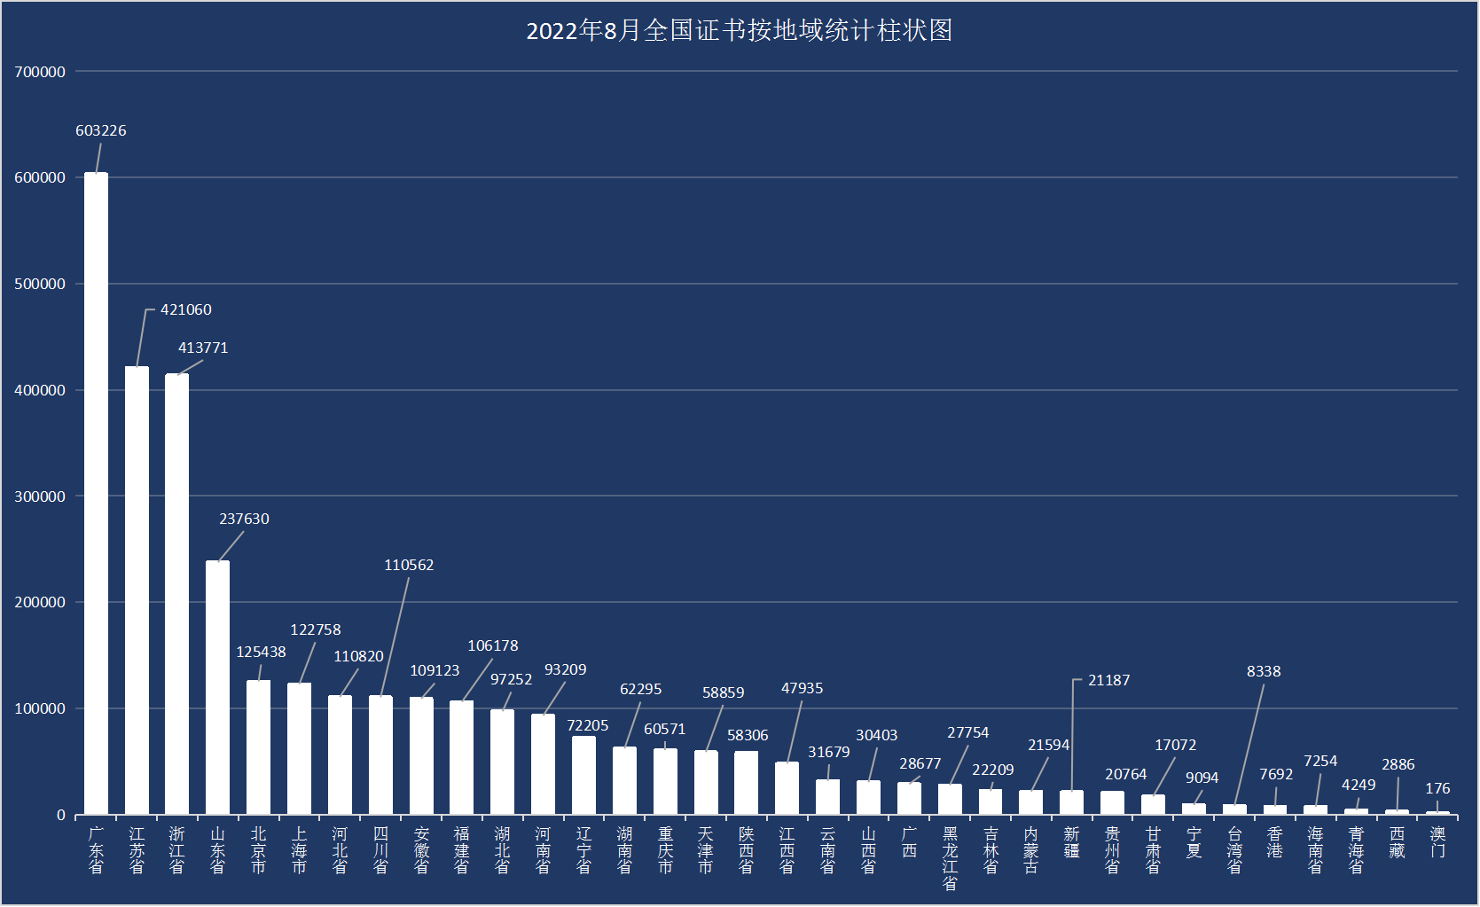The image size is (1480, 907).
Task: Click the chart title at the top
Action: (739, 31)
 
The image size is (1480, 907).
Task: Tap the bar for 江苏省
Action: (137, 590)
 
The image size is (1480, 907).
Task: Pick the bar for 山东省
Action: (217, 687)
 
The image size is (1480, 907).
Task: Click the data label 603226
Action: (101, 130)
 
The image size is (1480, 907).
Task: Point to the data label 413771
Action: (203, 348)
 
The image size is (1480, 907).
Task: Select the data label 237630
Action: (244, 519)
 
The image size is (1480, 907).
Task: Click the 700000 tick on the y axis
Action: (40, 72)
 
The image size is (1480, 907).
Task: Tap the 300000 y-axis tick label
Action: (40, 497)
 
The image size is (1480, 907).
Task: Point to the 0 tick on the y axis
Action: (61, 815)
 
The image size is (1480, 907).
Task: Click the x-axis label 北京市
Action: (258, 850)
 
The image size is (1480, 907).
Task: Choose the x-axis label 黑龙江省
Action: (950, 858)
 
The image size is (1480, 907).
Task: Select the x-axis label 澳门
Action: (1437, 842)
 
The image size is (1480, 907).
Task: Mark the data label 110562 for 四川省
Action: (409, 565)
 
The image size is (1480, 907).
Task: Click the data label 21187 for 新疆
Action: (1108, 680)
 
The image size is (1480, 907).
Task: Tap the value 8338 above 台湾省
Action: (1264, 671)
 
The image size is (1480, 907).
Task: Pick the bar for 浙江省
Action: (177, 594)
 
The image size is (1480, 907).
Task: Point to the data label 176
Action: (1437, 788)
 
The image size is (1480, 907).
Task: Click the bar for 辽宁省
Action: (583, 775)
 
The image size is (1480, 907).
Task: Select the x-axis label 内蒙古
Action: (1030, 850)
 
